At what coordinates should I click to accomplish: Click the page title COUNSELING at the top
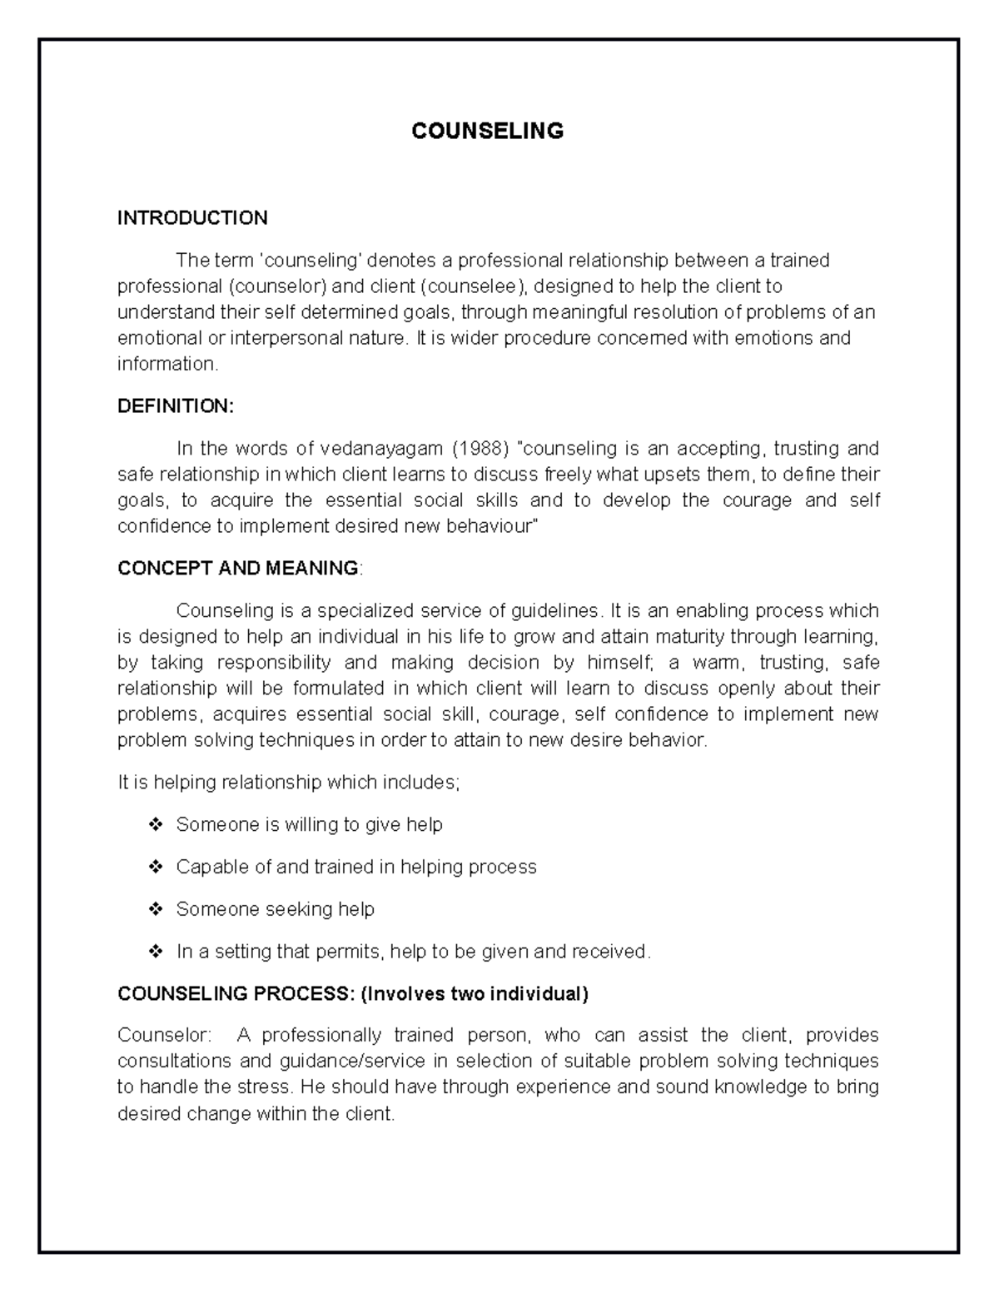click(x=488, y=131)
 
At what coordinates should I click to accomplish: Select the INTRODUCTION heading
click(x=192, y=218)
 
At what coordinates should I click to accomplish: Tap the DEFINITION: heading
click(x=176, y=406)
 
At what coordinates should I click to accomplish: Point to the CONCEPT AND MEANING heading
click(x=238, y=568)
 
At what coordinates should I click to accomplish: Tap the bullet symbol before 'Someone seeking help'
click(x=155, y=909)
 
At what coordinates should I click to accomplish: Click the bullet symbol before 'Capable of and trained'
click(x=155, y=868)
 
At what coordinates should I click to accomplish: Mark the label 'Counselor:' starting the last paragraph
click(x=164, y=1035)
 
